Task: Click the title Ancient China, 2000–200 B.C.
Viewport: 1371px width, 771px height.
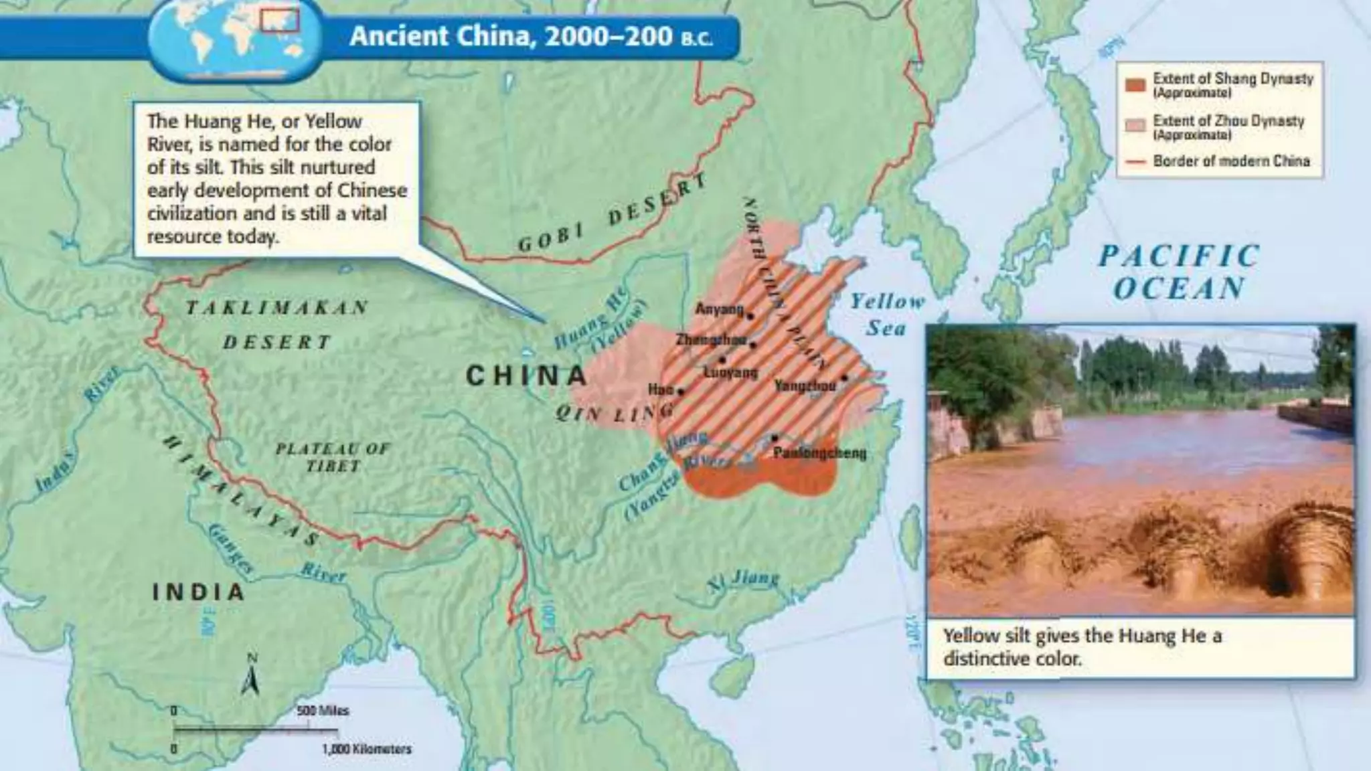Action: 531,36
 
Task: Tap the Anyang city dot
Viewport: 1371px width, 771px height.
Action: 750,317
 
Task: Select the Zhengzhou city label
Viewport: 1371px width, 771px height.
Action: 710,340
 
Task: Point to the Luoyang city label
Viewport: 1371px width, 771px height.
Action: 730,372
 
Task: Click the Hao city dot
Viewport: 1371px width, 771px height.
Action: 681,392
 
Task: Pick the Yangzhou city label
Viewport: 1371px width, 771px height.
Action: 805,385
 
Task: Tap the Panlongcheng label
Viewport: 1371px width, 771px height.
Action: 819,453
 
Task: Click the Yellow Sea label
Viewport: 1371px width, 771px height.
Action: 887,315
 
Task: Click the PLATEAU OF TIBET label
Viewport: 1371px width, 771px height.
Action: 333,457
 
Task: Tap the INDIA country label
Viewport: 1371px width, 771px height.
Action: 198,592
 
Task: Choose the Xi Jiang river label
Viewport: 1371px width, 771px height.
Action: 744,580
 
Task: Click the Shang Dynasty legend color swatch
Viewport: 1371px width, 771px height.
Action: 1135,85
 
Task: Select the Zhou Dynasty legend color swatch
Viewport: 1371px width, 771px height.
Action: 1135,126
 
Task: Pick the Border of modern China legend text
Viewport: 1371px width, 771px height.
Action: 1231,161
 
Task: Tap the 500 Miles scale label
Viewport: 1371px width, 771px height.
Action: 323,711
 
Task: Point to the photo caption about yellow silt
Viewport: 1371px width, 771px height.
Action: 1082,647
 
